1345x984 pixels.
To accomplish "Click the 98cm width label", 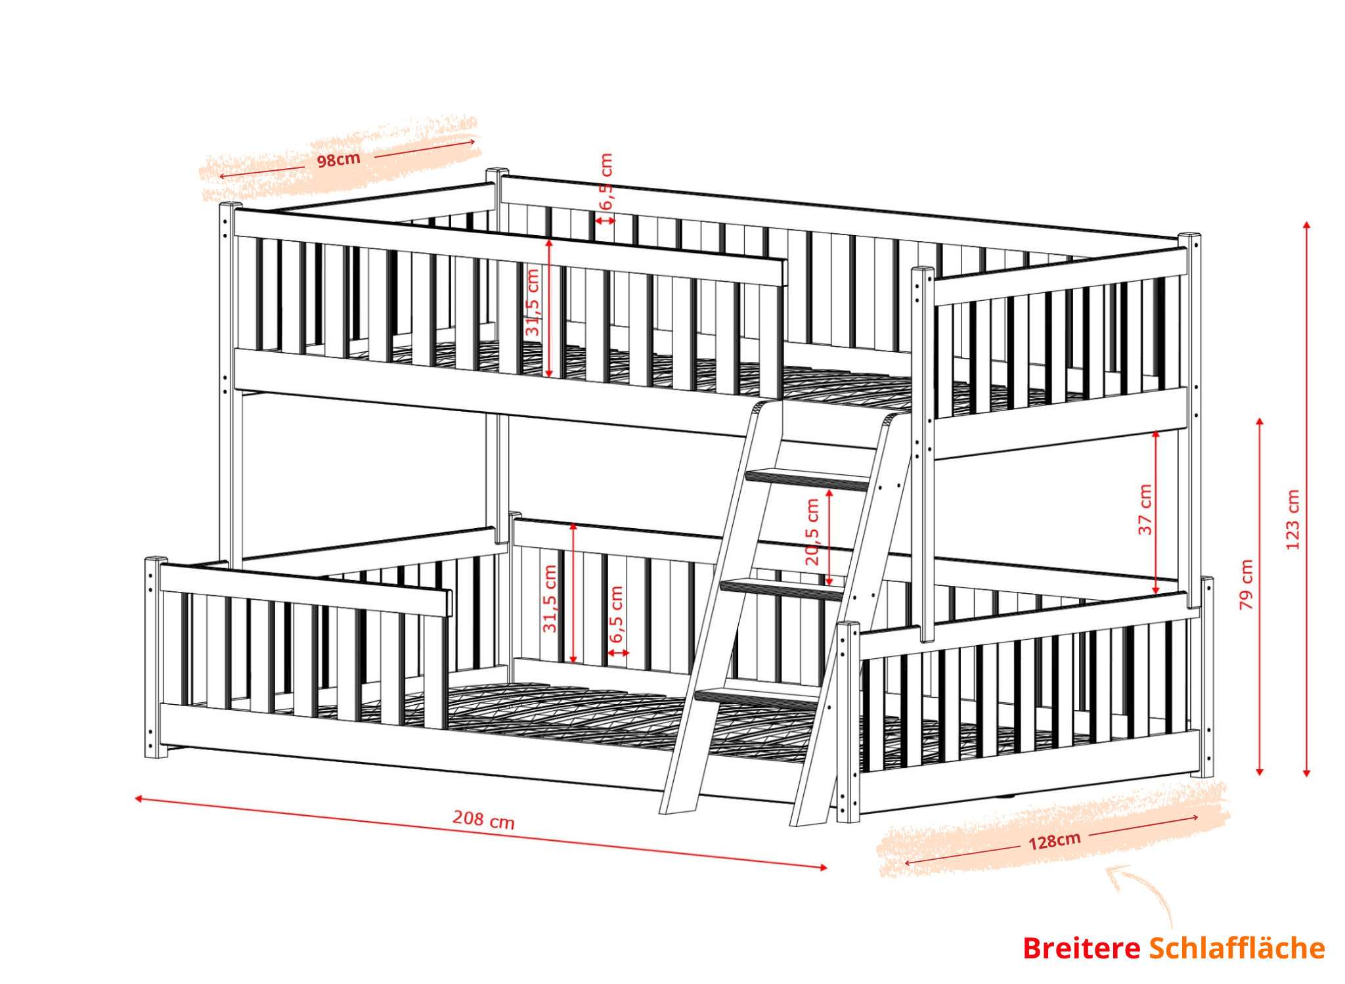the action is pos(339,160).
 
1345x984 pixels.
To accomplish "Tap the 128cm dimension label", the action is pos(1055,841).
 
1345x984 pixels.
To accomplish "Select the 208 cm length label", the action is pos(483,820).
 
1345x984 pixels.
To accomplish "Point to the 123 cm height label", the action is pos(1292,520).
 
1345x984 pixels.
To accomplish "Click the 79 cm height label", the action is pos(1246,584).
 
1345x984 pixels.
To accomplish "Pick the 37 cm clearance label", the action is pos(1145,509).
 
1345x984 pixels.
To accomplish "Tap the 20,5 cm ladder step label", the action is pos(812,532).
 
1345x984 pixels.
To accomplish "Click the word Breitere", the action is pos(1082,949).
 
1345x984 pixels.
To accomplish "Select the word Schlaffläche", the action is pos(1237,949).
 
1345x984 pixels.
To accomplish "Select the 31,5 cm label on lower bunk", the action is pos(550,598).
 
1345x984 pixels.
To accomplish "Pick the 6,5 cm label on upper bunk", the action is pos(606,182).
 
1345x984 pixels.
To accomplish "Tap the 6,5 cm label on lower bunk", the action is pos(617,615).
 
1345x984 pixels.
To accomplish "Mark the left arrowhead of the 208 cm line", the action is pos(139,799).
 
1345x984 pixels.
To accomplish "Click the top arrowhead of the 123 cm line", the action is pos(1306,225).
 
